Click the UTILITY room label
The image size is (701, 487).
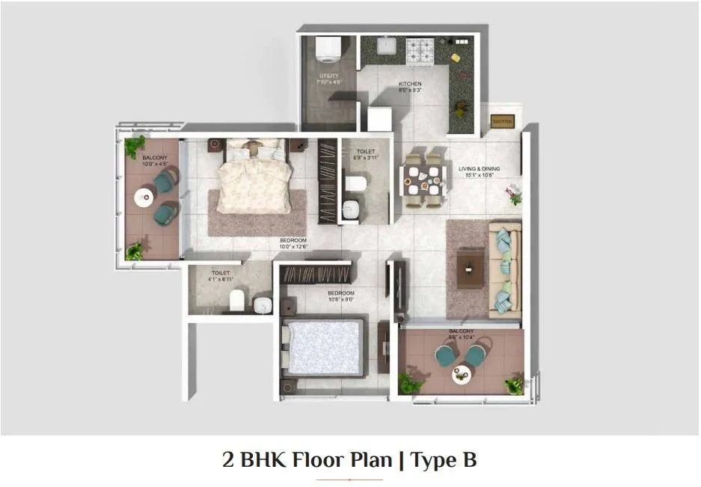[x=329, y=76]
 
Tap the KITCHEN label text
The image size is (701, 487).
[x=409, y=84]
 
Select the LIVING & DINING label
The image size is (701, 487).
[x=479, y=169]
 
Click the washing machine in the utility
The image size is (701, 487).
[x=328, y=49]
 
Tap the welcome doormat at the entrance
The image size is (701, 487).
[x=501, y=121]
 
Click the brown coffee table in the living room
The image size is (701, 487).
[x=469, y=263]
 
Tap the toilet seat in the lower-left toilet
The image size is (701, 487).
[x=237, y=301]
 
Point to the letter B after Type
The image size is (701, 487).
[x=467, y=459]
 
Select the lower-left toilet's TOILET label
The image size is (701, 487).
[x=220, y=273]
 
